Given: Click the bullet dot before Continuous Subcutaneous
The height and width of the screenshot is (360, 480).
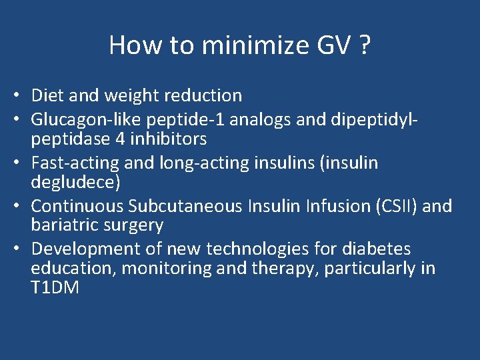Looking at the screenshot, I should click(22, 206).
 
